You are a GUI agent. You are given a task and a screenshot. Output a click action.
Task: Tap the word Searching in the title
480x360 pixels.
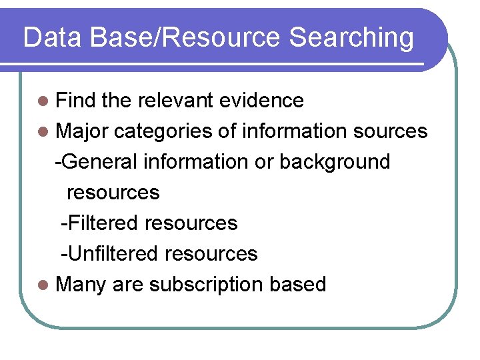coord(352,39)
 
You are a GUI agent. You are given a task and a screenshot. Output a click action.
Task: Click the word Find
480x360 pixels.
coord(76,101)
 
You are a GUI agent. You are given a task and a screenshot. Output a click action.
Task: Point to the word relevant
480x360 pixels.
coord(175,101)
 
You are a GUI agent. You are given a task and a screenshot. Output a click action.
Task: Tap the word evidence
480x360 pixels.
coord(261,101)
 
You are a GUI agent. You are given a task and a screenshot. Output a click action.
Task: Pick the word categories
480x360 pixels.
coord(163,132)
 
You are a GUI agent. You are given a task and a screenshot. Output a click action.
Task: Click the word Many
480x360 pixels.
coord(81,285)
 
